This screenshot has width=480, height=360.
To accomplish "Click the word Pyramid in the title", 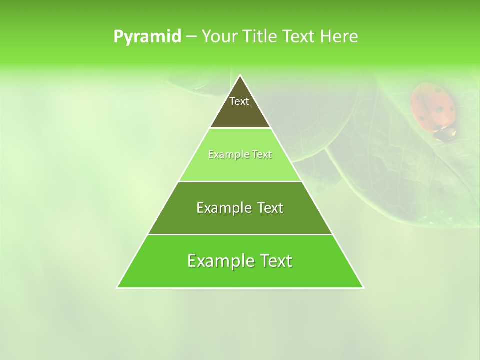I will [147, 37].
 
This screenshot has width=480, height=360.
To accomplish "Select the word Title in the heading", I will [260, 37].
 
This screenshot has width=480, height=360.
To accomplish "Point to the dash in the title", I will [191, 37].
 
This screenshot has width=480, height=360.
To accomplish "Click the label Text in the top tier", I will [239, 101].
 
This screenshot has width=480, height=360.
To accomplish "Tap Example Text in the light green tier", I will [240, 154].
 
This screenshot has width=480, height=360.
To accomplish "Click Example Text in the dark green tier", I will [240, 208].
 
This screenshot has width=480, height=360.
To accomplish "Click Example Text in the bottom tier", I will [240, 261].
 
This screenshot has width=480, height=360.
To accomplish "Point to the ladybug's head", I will [444, 133].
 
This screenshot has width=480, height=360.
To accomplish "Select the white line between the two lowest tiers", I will [240, 234].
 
